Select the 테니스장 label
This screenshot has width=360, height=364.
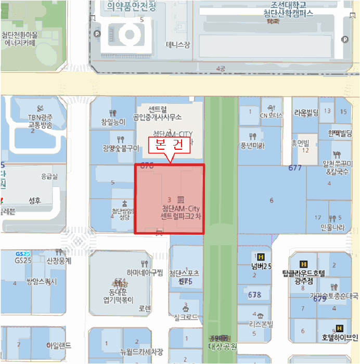pos(178,45)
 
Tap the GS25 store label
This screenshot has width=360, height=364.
pos(23,259)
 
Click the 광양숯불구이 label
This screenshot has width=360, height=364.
pos(121,148)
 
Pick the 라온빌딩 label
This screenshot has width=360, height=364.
pos(306,112)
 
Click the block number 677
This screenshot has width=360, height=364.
pos(295,168)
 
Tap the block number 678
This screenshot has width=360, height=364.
pos(255,295)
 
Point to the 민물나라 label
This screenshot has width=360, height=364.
pos(333,227)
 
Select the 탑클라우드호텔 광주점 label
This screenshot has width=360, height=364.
pos(303,276)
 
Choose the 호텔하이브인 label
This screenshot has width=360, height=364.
pos(340,337)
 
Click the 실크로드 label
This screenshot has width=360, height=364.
pos(186,317)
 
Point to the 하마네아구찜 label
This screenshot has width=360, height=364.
pos(145,272)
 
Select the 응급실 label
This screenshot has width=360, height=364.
pos(50,176)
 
